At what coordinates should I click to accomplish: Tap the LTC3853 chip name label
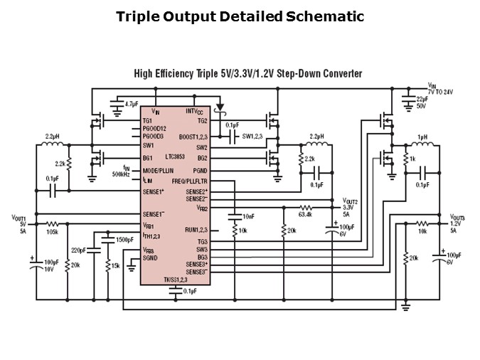click(178, 156)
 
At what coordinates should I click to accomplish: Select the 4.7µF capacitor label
click(132, 104)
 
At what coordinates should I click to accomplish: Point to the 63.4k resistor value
click(306, 213)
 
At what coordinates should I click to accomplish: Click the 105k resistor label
click(52, 233)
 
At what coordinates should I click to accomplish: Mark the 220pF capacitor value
click(78, 250)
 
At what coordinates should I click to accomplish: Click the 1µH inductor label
click(422, 137)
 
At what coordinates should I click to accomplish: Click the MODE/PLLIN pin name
click(159, 171)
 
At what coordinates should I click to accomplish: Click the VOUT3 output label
click(457, 216)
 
